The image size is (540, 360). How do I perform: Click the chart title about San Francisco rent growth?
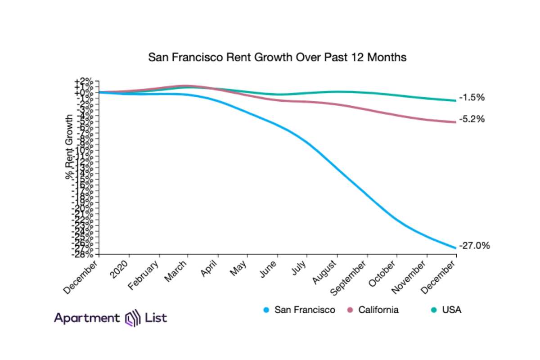[x=277, y=58]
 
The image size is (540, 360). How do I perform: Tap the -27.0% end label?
[x=474, y=246]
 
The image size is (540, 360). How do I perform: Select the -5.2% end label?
[x=472, y=119]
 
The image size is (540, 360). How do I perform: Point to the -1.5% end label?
[x=472, y=97]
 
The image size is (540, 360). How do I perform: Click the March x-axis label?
[x=176, y=271]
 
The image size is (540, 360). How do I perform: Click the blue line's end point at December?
[x=456, y=247]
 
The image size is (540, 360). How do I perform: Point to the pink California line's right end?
[x=456, y=122]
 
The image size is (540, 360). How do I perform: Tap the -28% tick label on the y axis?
[x=84, y=255]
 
